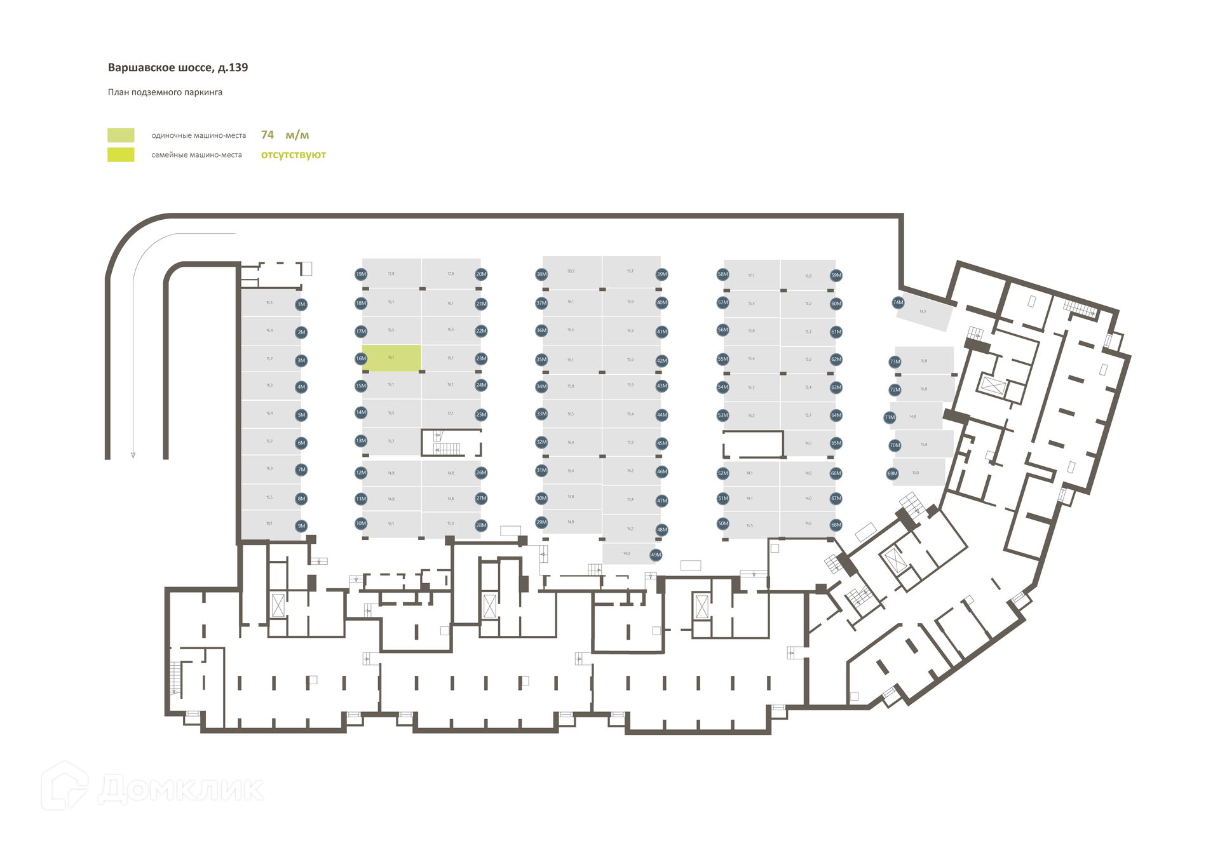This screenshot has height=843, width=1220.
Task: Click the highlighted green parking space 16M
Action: [x=391, y=358]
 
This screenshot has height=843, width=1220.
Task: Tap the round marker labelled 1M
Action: [x=301, y=305]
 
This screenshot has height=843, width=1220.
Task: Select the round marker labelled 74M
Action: [x=898, y=303]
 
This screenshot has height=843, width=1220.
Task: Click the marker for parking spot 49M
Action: [x=656, y=555]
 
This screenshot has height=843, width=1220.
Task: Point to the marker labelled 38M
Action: [x=541, y=274]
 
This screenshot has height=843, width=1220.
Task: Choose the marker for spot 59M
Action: [x=836, y=276]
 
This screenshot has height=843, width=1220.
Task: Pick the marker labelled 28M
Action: [x=481, y=525]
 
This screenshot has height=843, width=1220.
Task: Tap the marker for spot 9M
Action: [x=301, y=526]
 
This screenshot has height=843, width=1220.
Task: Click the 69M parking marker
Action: [x=893, y=474]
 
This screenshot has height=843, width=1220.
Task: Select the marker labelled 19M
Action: [x=361, y=274]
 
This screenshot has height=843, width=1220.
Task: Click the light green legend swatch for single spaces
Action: [x=121, y=135]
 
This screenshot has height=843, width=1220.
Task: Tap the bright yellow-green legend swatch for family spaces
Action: [x=121, y=155]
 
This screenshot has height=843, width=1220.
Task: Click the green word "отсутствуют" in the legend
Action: [x=293, y=155]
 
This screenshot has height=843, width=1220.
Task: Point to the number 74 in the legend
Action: [x=268, y=135]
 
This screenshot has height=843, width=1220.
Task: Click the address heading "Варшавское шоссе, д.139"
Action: [x=178, y=68]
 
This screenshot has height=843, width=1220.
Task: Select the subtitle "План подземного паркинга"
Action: [x=165, y=93]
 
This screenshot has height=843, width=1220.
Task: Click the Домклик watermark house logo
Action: [x=65, y=786]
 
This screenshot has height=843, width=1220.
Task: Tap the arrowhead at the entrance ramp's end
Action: [x=133, y=455]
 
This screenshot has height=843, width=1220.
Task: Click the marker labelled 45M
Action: [x=662, y=443]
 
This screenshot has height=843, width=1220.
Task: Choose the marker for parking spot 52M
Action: [x=723, y=474]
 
